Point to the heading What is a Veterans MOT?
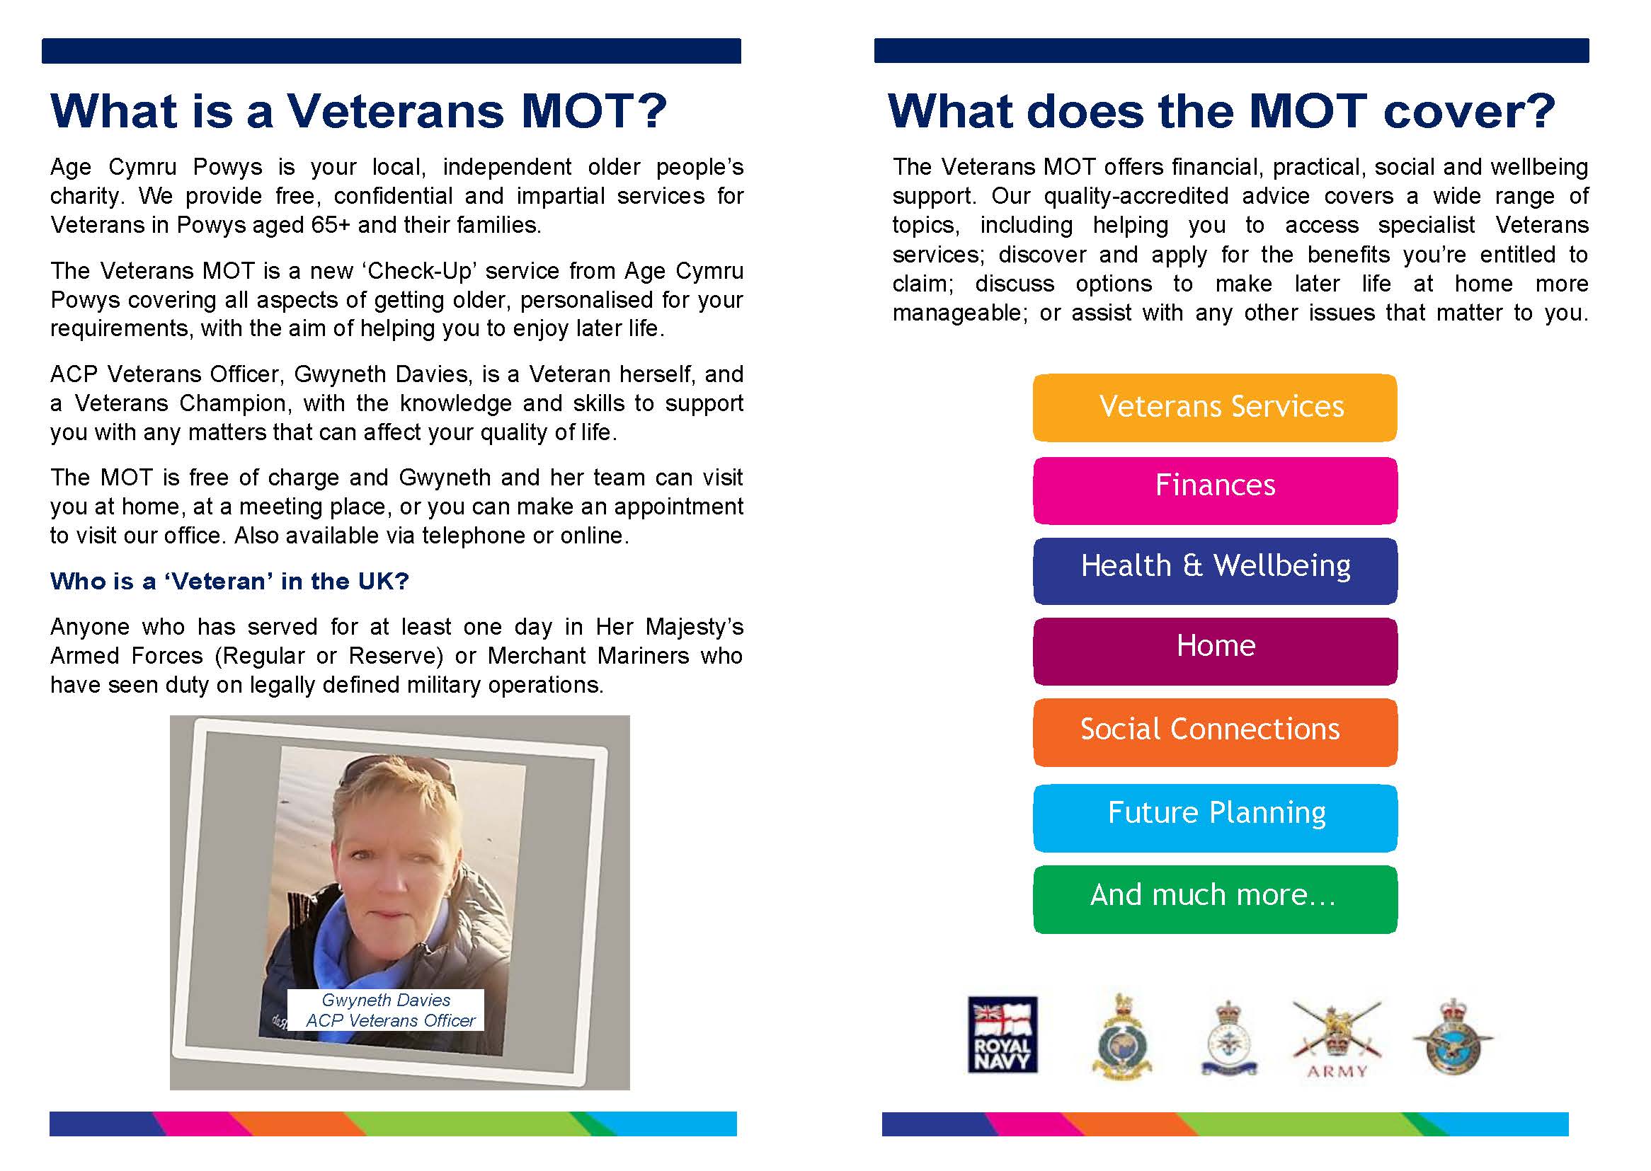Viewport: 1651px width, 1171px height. (x=358, y=111)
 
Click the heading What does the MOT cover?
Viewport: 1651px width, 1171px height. (x=1221, y=111)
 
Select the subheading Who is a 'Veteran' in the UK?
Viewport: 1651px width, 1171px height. (x=229, y=581)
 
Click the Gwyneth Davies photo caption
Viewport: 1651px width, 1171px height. (x=386, y=1010)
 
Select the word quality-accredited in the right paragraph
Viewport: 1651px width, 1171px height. (x=1136, y=196)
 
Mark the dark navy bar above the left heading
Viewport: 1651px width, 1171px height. (x=391, y=51)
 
